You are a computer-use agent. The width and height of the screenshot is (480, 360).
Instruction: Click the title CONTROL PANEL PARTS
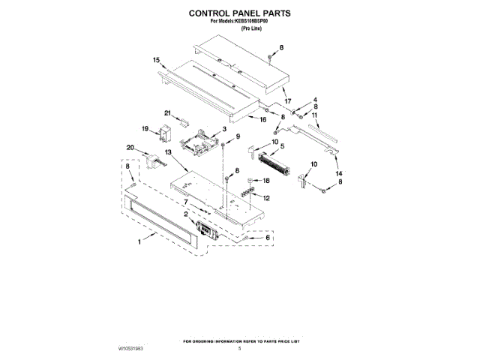pyautogui.click(x=239, y=13)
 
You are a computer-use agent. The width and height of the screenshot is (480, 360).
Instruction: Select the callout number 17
pyautogui.click(x=287, y=101)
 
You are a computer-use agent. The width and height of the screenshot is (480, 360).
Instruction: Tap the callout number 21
pyautogui.click(x=169, y=113)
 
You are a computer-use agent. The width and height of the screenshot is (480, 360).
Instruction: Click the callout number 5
pyautogui.click(x=282, y=147)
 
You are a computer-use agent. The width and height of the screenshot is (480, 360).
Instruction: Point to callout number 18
pyautogui.click(x=265, y=181)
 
